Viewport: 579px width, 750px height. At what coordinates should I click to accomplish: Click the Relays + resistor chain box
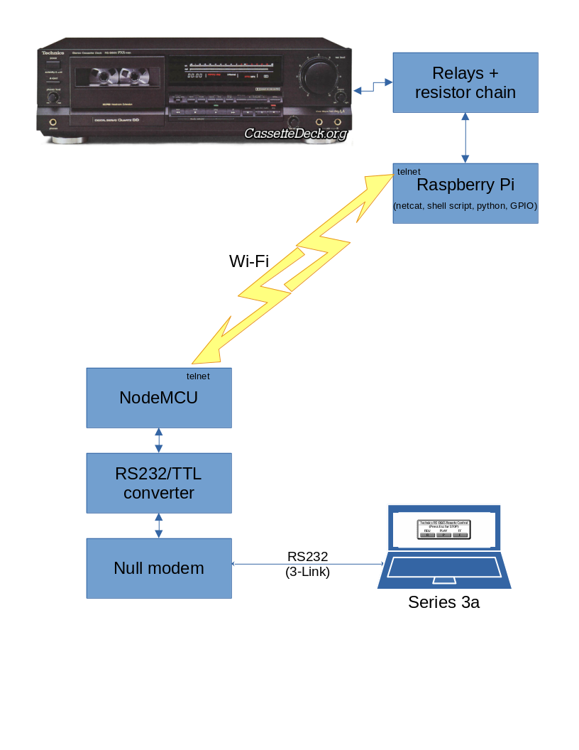tap(465, 82)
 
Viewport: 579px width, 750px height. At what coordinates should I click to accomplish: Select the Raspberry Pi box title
tap(465, 185)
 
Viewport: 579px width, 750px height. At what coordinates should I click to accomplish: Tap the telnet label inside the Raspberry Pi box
tap(409, 172)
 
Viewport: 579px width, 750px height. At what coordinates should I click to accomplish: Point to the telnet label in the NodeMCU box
tap(198, 376)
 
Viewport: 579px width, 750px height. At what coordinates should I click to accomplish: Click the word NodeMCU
tap(158, 398)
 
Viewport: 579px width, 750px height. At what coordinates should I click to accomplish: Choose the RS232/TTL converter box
tap(159, 483)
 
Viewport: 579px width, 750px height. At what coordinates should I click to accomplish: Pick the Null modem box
tap(159, 568)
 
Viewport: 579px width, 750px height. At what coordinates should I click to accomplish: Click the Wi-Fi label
tap(248, 261)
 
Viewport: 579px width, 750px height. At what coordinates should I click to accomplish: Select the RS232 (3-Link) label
tap(307, 564)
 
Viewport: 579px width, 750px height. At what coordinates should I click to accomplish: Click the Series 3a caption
tap(443, 603)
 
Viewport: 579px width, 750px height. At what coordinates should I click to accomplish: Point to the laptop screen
tap(444, 528)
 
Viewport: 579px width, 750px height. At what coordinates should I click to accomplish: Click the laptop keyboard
tap(444, 568)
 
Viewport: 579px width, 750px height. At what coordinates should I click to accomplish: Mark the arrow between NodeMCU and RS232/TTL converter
tap(159, 440)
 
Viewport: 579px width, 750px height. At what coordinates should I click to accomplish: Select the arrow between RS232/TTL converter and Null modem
tap(159, 526)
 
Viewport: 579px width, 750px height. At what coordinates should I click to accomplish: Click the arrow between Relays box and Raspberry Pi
tap(465, 138)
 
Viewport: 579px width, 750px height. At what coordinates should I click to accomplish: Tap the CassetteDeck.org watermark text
tap(296, 134)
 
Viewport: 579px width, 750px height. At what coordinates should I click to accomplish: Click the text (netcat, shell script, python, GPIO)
tap(465, 206)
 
